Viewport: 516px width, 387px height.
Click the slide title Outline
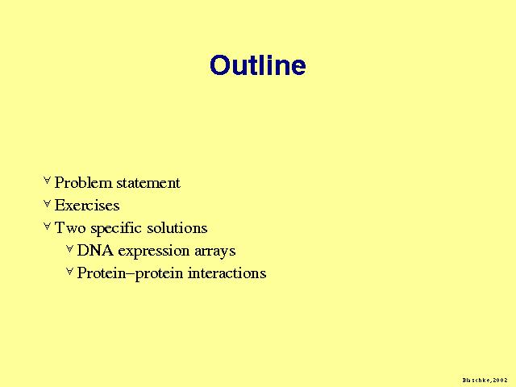pos(258,64)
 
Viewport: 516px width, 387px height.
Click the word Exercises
pos(87,206)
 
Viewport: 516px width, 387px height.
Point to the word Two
pos(70,227)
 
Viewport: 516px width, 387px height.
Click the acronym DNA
pos(95,251)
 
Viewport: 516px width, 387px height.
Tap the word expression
pos(154,252)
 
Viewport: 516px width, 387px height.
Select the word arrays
pos(215,252)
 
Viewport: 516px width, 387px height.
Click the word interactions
pos(227,273)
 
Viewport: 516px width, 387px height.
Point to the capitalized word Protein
pos(102,273)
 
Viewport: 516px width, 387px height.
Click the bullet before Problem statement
pos(47,180)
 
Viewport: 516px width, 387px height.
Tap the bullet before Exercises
pos(47,204)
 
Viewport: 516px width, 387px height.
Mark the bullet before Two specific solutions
pos(47,226)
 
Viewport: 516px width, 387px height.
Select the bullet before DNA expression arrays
pos(69,249)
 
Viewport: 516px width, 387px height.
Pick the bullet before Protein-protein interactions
pos(69,272)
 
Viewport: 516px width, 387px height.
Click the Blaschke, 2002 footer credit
pos(485,381)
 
